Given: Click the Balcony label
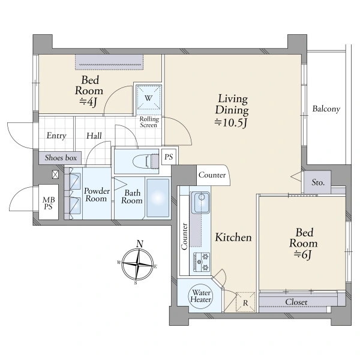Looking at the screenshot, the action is (326, 109).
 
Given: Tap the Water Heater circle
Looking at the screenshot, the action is (200, 296).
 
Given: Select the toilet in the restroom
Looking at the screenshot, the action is (146, 161).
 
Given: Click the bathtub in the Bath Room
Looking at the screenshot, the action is (157, 197).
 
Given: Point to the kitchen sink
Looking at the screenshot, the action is (200, 202).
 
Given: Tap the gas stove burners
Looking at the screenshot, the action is (202, 262).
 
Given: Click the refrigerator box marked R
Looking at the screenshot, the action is (245, 302).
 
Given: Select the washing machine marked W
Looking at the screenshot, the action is (149, 98).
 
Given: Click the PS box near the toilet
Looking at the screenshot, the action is (169, 157).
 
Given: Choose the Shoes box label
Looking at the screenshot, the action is (61, 158).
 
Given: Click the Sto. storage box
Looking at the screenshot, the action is (317, 182).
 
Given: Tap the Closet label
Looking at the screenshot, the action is (296, 302).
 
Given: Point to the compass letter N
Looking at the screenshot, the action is (140, 244).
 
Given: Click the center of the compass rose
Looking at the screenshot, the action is (137, 264).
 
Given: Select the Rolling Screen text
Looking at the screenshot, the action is (149, 122).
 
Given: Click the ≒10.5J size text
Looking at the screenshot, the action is (231, 123).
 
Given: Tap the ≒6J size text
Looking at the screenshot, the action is (303, 254).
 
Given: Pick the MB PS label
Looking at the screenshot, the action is (49, 203).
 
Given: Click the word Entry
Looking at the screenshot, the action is (56, 136).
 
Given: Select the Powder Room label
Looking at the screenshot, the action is (97, 194).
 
